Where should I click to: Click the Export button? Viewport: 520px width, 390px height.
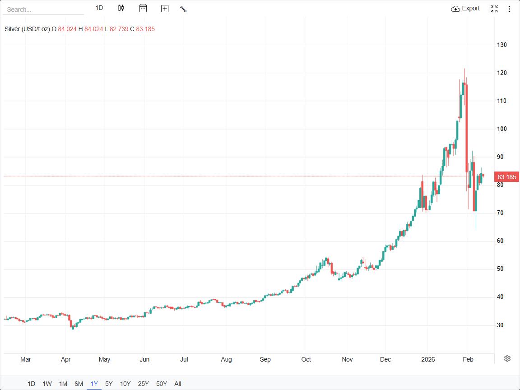[x=466, y=9]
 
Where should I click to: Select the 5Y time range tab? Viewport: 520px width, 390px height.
[x=109, y=384]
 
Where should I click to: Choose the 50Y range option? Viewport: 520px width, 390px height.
[x=162, y=384]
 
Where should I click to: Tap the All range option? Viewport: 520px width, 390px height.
[x=178, y=384]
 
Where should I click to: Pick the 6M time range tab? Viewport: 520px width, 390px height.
[x=79, y=384]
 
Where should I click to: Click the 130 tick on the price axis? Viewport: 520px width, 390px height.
[x=502, y=45]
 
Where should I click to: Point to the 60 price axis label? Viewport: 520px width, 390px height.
[x=501, y=241]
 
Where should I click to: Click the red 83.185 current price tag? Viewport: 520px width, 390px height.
[x=506, y=177]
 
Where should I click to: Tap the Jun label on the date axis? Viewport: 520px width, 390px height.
[x=144, y=359]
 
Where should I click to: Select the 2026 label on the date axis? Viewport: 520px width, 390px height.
[x=427, y=359]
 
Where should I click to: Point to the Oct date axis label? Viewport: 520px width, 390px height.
[x=306, y=359]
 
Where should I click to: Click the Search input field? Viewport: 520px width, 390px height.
[x=43, y=9]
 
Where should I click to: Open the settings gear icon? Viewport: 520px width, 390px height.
[x=507, y=358]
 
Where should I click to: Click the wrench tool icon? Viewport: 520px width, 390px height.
[x=183, y=9]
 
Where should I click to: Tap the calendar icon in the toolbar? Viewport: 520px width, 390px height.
[x=143, y=8]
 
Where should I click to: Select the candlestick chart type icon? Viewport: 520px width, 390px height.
[x=121, y=8]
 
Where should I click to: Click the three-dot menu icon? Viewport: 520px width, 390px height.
[x=510, y=9]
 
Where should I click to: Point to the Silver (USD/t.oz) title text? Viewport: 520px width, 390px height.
[x=27, y=29]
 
